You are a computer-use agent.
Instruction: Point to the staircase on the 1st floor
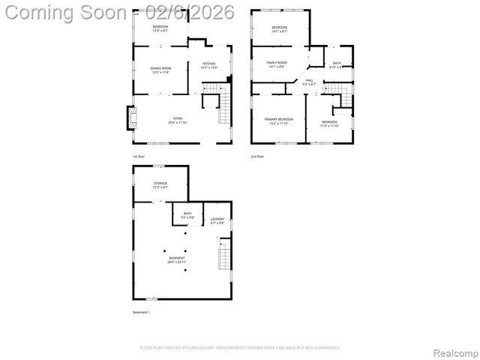[223, 109]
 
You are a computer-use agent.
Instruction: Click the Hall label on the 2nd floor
[309, 82]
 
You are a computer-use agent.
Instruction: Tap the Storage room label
[160, 184]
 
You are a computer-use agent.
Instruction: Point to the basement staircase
[223, 258]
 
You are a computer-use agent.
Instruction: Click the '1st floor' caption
[139, 157]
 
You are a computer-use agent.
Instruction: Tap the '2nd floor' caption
[257, 157]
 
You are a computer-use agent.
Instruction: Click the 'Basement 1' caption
[142, 312]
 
